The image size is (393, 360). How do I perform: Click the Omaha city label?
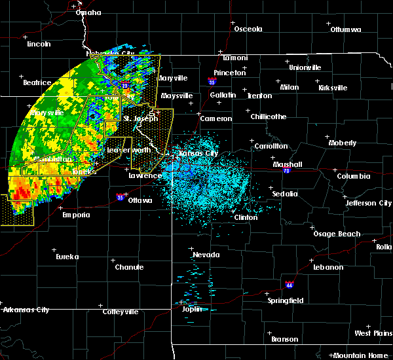pos(88,12)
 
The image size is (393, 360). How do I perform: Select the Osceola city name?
pos(248,29)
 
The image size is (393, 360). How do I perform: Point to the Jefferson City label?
pos(369,203)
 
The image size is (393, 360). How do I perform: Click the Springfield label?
pos(286,300)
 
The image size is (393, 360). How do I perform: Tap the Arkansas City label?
pos(26,310)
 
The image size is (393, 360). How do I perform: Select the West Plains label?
pos(372,333)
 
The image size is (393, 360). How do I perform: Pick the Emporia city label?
pos(75,215)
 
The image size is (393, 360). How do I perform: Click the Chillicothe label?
pos(269,117)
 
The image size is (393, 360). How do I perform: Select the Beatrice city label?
pos(37,82)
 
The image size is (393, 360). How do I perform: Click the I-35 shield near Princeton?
pos(212,82)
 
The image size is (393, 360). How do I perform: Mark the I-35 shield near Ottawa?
pos(120,196)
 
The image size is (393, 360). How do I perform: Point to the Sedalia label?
pos(285,194)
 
